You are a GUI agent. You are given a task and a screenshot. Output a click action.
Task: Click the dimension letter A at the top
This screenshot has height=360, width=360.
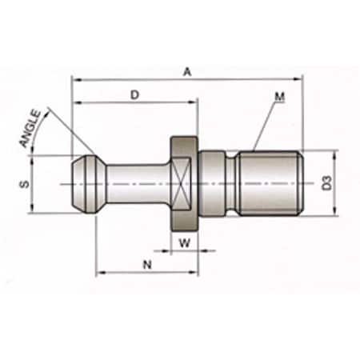pos(187,71)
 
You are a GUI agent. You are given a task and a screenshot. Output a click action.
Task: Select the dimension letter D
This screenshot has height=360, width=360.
pos(134,94)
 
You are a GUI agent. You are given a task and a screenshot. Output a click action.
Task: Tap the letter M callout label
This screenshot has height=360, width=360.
pos(279,97)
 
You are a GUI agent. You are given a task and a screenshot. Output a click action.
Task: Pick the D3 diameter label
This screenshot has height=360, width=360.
pos(326,184)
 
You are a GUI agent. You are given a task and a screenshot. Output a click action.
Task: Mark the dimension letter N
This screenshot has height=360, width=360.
pos(146,262)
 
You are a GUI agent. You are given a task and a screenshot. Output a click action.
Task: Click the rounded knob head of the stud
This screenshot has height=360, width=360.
pos(85,184)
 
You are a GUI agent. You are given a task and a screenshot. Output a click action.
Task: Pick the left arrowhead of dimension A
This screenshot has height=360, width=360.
pos(75,79)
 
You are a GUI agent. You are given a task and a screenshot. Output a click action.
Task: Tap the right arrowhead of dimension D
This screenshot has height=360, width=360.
pos(194,102)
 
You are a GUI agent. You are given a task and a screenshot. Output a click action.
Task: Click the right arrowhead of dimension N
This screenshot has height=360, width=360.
pos(194,272)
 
